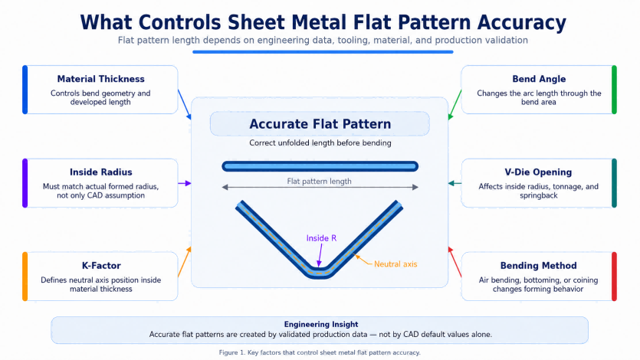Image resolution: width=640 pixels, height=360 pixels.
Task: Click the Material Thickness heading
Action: coord(101,79)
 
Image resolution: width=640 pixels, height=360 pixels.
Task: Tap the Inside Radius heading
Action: coord(101,172)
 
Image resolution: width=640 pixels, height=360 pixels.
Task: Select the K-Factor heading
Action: coord(101,266)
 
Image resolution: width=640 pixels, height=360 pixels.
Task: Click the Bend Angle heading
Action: coord(539,79)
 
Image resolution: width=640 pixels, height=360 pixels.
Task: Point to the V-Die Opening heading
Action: coord(538,172)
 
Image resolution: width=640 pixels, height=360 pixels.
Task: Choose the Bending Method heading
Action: coord(538,266)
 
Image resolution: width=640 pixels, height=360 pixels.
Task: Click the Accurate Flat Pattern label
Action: coord(320,124)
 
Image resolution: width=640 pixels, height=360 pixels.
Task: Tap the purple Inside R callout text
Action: coord(322,238)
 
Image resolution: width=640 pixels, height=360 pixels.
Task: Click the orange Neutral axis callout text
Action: coord(395,264)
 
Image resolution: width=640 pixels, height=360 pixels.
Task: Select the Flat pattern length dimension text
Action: coord(319,181)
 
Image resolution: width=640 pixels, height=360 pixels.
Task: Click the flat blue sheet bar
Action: coord(320,166)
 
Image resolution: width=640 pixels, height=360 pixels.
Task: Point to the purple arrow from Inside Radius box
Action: coord(185,184)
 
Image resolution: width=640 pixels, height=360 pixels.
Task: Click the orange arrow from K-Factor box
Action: coord(185,262)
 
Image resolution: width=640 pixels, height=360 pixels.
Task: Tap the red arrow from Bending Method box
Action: coord(455,262)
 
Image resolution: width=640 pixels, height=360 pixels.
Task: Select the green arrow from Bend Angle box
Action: coord(455,105)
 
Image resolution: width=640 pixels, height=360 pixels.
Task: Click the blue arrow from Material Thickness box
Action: coord(185,105)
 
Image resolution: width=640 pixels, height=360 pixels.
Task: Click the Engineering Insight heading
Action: coord(321,324)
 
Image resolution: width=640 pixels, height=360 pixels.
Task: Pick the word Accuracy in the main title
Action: coord(522,23)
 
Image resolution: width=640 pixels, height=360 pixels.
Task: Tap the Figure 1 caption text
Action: coord(320,352)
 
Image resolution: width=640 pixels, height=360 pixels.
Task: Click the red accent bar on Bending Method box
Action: coord(614,277)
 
